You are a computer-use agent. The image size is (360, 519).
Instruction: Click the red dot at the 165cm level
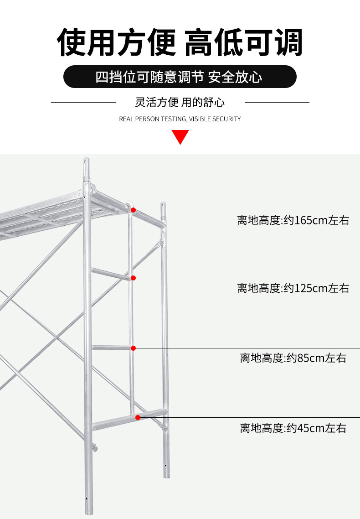(x=133, y=210)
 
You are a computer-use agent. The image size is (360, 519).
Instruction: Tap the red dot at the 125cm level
(x=133, y=278)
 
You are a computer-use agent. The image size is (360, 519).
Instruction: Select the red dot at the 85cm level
(x=133, y=348)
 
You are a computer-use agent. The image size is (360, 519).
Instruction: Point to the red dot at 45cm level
(x=138, y=418)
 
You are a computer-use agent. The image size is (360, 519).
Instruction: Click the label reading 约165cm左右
(x=316, y=220)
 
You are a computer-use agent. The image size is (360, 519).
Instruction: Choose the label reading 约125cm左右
(x=316, y=288)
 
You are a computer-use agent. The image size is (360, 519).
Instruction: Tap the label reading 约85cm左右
(x=316, y=358)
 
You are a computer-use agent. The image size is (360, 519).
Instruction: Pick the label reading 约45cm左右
(x=316, y=428)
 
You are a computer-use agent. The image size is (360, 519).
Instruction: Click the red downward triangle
(x=180, y=137)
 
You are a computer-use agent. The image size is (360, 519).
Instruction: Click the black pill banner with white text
(x=180, y=77)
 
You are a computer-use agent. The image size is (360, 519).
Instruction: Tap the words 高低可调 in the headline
(x=244, y=42)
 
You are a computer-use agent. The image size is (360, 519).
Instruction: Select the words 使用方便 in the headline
(x=116, y=42)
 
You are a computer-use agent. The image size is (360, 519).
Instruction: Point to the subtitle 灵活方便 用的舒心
(x=180, y=102)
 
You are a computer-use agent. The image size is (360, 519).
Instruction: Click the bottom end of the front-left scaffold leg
(x=88, y=512)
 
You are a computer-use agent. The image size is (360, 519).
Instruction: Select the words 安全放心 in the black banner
(x=235, y=77)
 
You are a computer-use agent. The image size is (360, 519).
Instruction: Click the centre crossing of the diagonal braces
(x=57, y=338)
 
